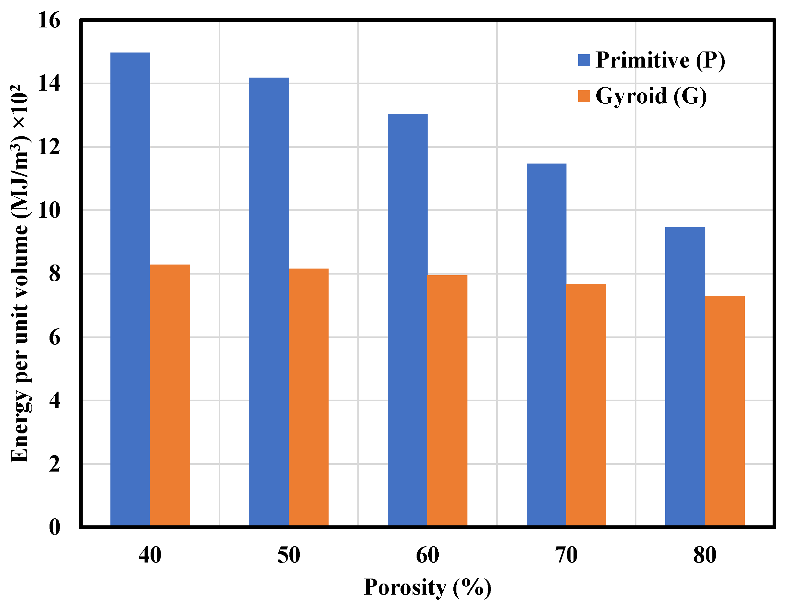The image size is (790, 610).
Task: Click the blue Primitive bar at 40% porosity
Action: [x=130, y=289]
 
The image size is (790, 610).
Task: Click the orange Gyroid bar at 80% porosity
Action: [x=725, y=411]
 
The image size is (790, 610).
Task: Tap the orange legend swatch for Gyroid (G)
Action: [x=584, y=96]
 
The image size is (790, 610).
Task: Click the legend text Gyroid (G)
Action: [x=651, y=96]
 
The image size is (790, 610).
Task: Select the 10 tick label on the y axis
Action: [x=49, y=210]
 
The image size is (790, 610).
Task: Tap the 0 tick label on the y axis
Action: [x=55, y=527]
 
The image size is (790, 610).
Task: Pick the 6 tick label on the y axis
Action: [x=55, y=337]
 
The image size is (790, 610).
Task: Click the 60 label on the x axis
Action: [x=428, y=555]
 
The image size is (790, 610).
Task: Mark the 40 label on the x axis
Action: [x=150, y=555]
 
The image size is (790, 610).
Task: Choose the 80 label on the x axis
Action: [x=705, y=555]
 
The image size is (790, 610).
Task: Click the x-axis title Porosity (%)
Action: [x=428, y=587]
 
